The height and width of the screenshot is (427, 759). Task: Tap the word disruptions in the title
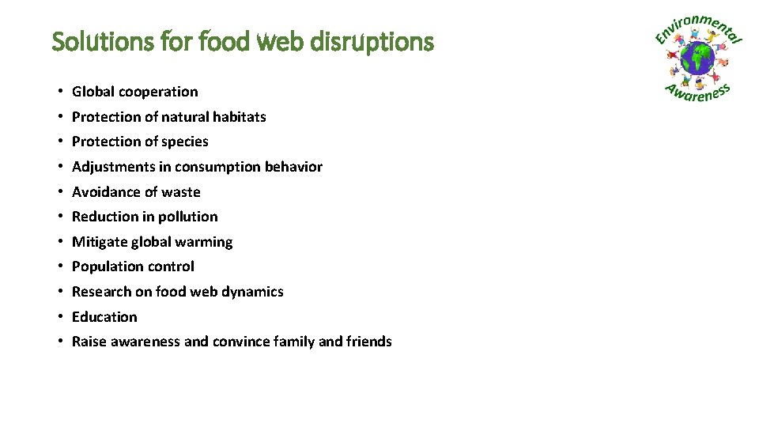tap(384, 41)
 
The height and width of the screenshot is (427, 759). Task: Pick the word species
tap(184, 142)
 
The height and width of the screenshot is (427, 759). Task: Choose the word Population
tap(106, 266)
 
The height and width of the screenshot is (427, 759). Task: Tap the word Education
tap(104, 317)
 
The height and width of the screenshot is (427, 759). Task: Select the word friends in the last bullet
tap(368, 342)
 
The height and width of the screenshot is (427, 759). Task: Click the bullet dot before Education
tap(60, 317)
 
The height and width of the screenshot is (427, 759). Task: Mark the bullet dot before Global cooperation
tap(60, 92)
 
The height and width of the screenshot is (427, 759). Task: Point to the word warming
tap(205, 242)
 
